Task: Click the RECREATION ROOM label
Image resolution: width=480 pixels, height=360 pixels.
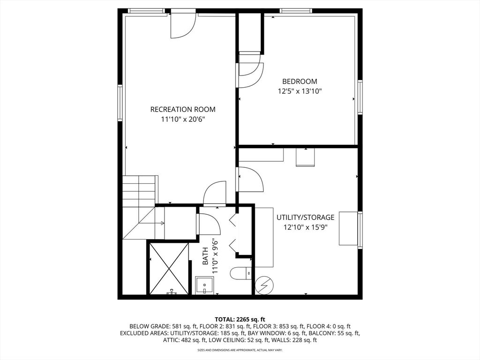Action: (183, 109)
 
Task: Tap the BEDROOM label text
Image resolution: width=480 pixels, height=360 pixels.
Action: (300, 82)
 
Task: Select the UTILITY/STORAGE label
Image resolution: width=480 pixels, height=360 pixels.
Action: (306, 217)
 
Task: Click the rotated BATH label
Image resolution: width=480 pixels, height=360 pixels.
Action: (205, 256)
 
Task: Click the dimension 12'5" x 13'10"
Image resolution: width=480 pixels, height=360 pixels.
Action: (300, 91)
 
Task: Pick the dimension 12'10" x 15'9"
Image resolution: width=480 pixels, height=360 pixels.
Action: (306, 227)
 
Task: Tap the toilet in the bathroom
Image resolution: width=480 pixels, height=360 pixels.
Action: (241, 273)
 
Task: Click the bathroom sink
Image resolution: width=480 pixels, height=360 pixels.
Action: (204, 285)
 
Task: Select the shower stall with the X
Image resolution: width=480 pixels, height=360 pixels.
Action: (169, 269)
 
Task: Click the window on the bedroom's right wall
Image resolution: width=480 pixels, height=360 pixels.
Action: (360, 97)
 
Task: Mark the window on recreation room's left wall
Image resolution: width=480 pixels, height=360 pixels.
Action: (120, 103)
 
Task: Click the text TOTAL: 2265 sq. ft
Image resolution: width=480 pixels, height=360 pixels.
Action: (240, 320)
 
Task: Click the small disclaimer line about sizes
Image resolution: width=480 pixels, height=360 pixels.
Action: (240, 350)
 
